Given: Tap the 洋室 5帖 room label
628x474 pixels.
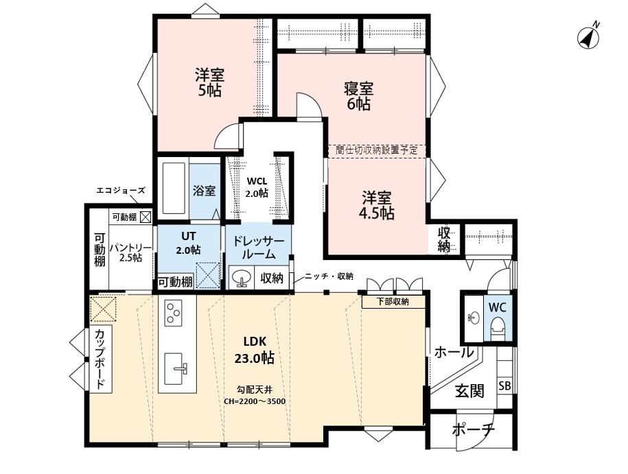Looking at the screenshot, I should (x=209, y=82).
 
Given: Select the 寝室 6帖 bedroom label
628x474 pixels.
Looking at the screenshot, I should (x=358, y=96).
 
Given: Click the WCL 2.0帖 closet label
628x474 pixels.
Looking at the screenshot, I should (x=257, y=187).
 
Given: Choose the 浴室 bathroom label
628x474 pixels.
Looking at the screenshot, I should (x=204, y=190).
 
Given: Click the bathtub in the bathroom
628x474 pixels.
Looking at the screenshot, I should (x=173, y=189).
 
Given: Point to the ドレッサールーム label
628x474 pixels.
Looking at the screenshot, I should (x=258, y=247).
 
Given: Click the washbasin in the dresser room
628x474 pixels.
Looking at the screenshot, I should (x=241, y=279).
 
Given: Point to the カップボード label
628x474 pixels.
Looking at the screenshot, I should (x=100, y=359).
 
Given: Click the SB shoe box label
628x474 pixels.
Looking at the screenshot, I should (x=504, y=386).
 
